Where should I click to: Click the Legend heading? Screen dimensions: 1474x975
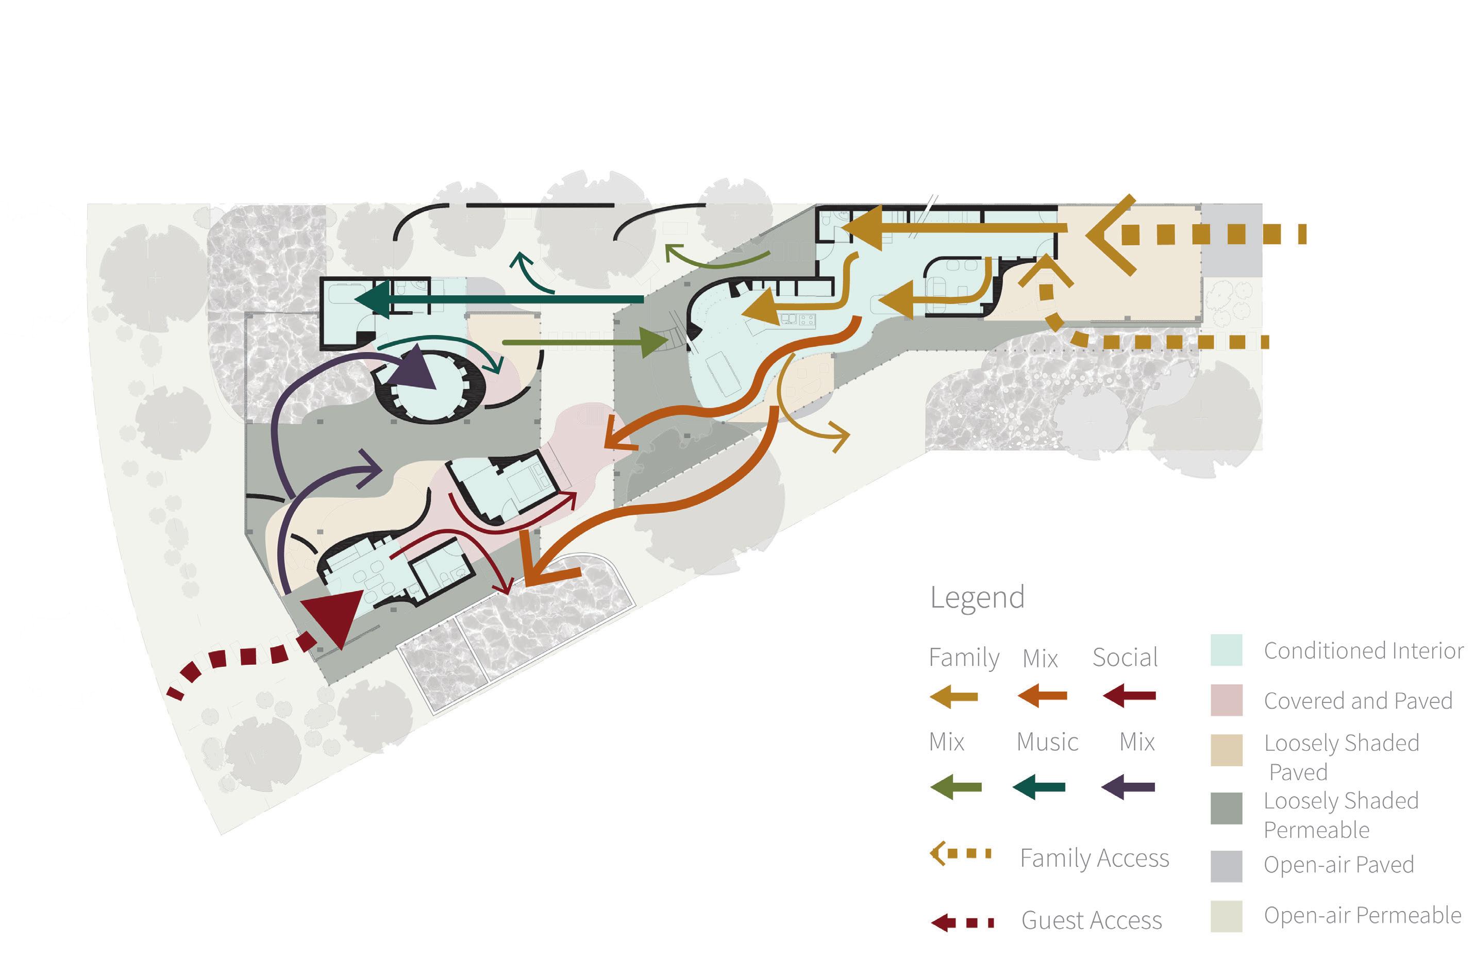click(977, 598)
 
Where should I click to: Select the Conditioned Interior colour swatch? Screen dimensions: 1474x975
click(1226, 650)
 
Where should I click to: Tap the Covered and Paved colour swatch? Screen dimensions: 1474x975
click(1226, 700)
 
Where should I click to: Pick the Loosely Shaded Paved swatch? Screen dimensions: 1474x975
click(1226, 750)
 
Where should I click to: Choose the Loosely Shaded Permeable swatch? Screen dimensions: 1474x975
click(1226, 809)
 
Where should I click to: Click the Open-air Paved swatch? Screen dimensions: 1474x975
click(1226, 866)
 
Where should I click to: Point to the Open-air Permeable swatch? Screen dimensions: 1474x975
click(1226, 916)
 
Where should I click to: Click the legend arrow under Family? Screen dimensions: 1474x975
click(953, 696)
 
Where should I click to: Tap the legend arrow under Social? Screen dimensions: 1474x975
click(1129, 696)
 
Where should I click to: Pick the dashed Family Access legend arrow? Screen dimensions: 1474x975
click(960, 853)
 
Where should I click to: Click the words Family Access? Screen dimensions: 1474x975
click(1095, 858)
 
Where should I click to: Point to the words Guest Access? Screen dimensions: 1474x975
click(1092, 920)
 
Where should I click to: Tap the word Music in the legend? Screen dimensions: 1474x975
click(1047, 742)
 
